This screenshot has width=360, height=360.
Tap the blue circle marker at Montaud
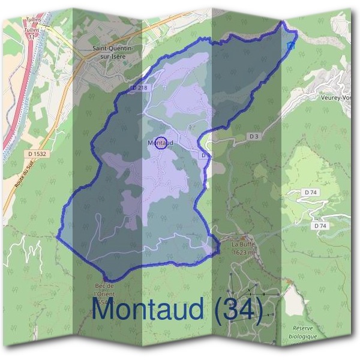click(160, 143)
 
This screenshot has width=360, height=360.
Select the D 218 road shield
click(138, 88)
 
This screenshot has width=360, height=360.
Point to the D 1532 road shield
click(38, 154)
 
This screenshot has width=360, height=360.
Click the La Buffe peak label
click(244, 245)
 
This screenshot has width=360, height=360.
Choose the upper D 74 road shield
click(310, 191)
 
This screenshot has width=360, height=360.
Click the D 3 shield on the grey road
click(254, 136)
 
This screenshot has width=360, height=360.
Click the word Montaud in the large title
click(151, 311)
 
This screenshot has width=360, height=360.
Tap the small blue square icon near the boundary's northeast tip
click(292, 45)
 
